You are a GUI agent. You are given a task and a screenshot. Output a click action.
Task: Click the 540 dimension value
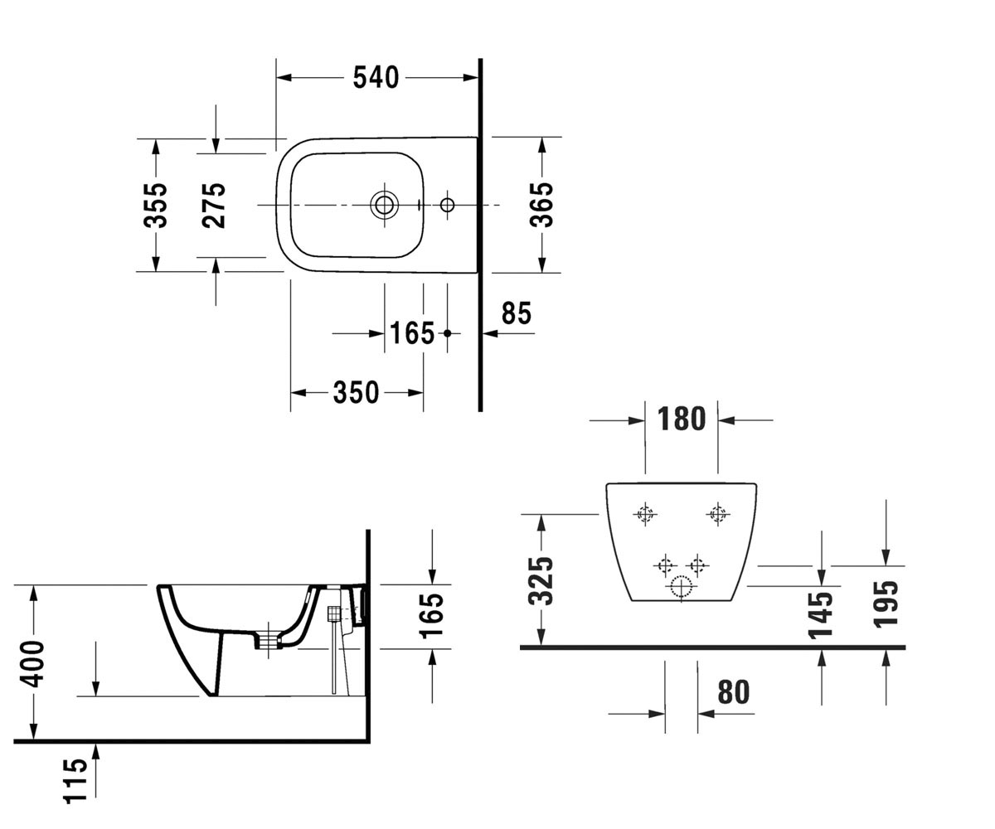click(x=376, y=78)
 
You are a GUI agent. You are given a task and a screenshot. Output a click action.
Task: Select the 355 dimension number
click(x=155, y=206)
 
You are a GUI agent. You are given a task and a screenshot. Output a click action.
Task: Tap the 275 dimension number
click(x=213, y=206)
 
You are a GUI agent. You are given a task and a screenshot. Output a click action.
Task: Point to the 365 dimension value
click(x=541, y=205)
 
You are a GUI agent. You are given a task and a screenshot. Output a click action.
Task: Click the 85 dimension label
click(x=516, y=313)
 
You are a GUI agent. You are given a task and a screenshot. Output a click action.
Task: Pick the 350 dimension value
click(x=356, y=393)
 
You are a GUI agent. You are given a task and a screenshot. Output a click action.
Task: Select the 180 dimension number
click(x=682, y=419)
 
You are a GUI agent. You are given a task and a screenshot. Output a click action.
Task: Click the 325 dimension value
click(x=541, y=580)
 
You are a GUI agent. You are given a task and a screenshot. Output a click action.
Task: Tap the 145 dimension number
click(x=820, y=614)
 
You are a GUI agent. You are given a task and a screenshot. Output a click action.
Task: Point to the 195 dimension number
click(x=886, y=604)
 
